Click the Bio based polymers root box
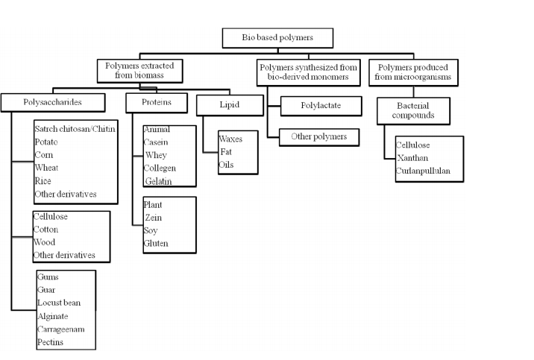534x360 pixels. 277,37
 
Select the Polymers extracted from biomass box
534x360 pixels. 139,70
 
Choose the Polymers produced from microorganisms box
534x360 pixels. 412,71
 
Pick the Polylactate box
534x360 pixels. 321,106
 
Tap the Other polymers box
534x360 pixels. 318,137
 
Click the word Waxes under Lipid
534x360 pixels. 230,139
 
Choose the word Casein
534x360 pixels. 157,142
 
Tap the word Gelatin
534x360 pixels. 159,181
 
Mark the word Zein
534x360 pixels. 154,218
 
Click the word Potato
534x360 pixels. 46,142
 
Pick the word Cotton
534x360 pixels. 46,230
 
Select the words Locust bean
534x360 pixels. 59,303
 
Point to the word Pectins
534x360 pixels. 51,342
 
